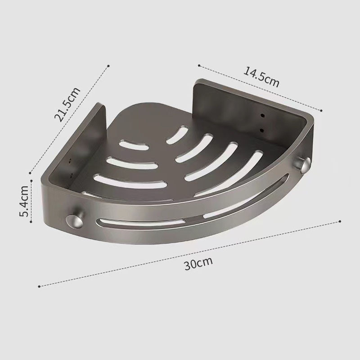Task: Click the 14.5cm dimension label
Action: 261,77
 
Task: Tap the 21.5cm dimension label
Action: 67,104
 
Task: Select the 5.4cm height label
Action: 24,201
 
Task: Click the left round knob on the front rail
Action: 74,221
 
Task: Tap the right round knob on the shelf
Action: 303,164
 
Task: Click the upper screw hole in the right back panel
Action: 263,114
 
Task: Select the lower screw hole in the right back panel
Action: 261,130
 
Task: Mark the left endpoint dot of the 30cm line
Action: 39,286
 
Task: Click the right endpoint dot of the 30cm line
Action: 340,221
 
